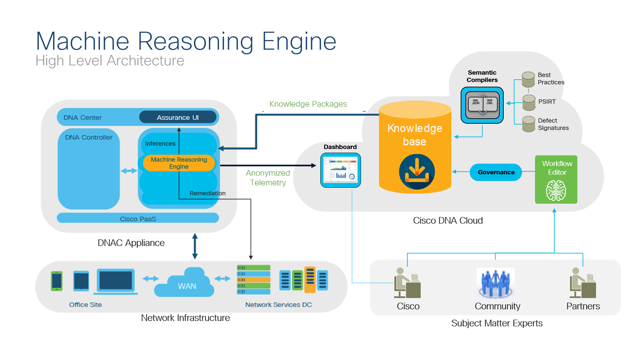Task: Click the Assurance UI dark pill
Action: point(178,117)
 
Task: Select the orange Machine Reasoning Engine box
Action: point(179,163)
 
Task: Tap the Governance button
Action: point(496,172)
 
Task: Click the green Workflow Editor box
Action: point(556,179)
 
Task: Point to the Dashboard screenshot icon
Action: point(340,170)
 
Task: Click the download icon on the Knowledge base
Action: point(417,171)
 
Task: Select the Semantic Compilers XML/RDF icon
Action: point(482,105)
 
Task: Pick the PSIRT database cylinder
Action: point(529,102)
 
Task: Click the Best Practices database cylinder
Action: point(528,79)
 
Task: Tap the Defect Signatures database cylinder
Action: point(529,124)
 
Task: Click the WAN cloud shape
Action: point(185,283)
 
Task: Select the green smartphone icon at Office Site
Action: point(57,281)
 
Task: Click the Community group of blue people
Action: point(496,283)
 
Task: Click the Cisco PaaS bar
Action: point(138,218)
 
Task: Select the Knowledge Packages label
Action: point(308,104)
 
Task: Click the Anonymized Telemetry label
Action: point(268,178)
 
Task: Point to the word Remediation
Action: point(207,193)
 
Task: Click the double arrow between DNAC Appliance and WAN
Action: point(195,246)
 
